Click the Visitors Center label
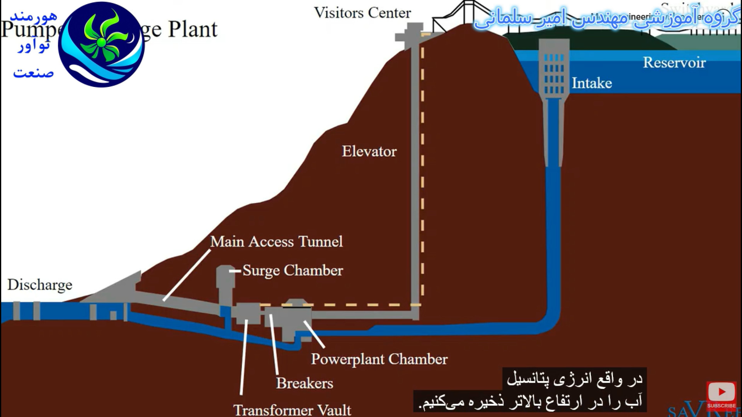362,13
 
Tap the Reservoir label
674,63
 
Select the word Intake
592,83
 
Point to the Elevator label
369,151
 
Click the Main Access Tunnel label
276,241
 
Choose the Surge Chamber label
293,270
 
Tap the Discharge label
40,285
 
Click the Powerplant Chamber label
379,359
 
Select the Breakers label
305,383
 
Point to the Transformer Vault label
292,410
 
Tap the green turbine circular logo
101,44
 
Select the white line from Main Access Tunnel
187,275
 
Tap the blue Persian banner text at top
607,18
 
